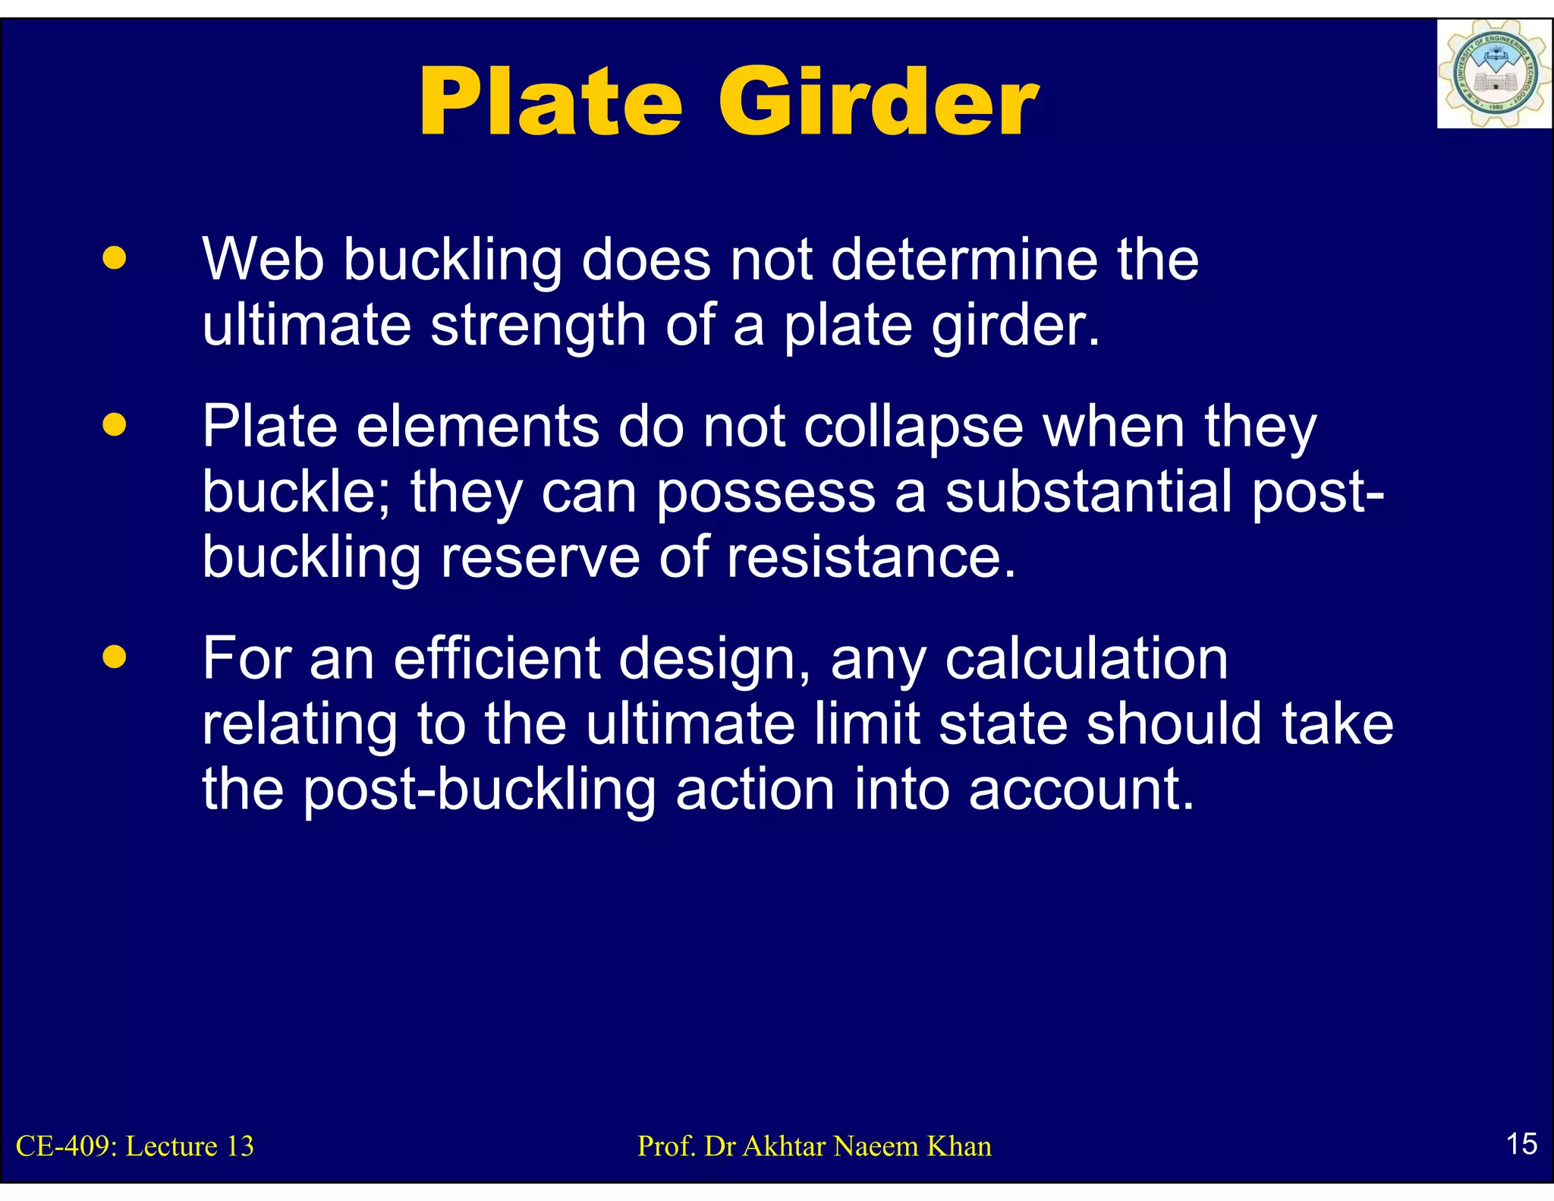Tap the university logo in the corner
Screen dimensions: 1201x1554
1493,74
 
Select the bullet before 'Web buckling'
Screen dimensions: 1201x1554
115,258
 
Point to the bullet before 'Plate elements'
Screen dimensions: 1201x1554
115,425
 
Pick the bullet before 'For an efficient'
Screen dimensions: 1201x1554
115,657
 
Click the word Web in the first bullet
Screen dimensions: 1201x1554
263,260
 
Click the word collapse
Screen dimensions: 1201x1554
914,427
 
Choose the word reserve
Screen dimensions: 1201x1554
540,557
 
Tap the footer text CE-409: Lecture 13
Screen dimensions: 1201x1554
135,1146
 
